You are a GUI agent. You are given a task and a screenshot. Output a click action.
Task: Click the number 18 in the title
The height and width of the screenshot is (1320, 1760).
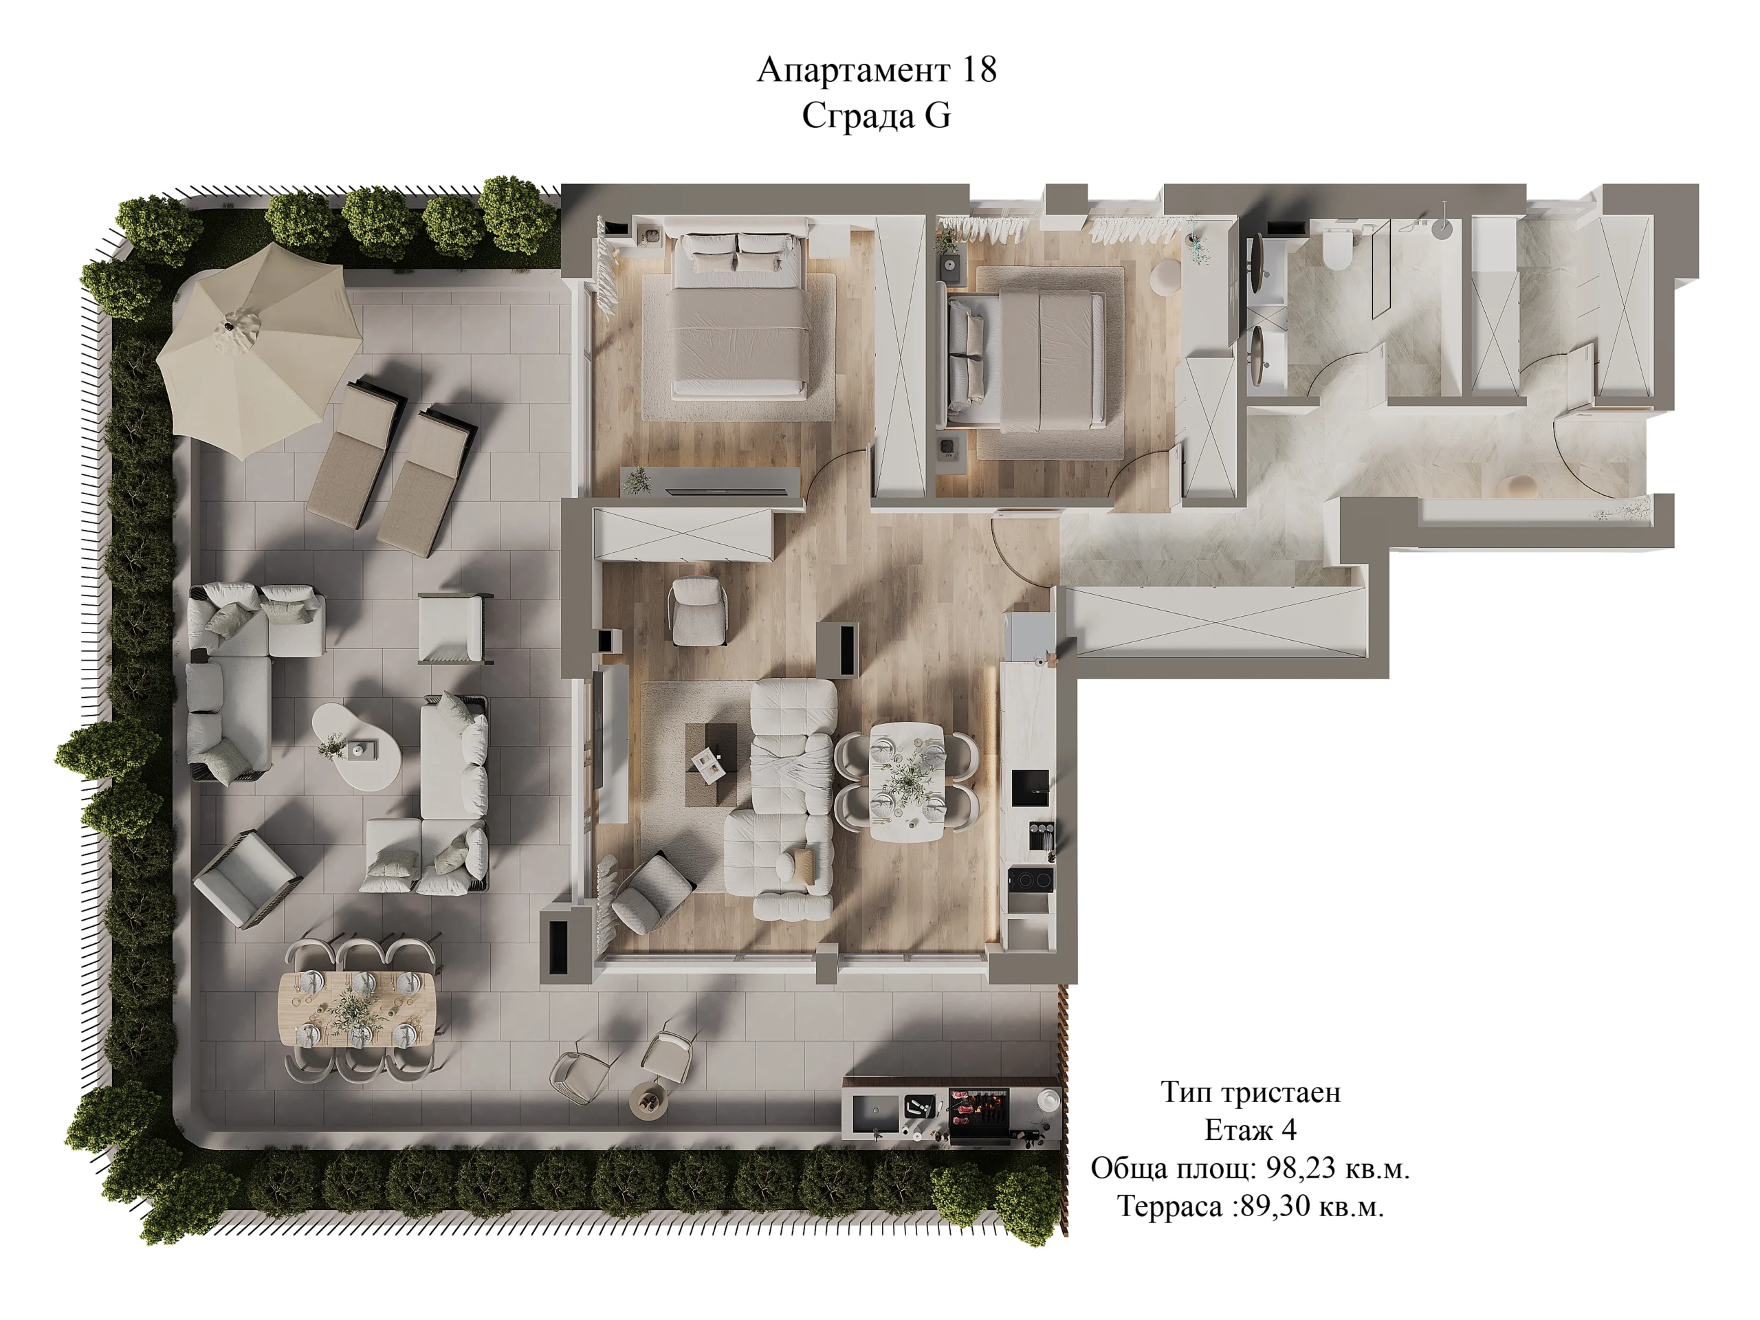click(979, 70)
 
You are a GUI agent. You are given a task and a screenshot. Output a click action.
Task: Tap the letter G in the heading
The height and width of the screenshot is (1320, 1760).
click(936, 116)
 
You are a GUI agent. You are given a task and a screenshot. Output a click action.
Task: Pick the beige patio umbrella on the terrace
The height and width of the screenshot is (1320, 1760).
click(258, 350)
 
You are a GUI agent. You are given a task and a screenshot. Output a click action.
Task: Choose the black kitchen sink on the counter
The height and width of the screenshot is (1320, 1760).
click(1031, 788)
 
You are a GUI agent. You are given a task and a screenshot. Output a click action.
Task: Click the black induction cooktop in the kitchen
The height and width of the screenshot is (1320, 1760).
click(1031, 879)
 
